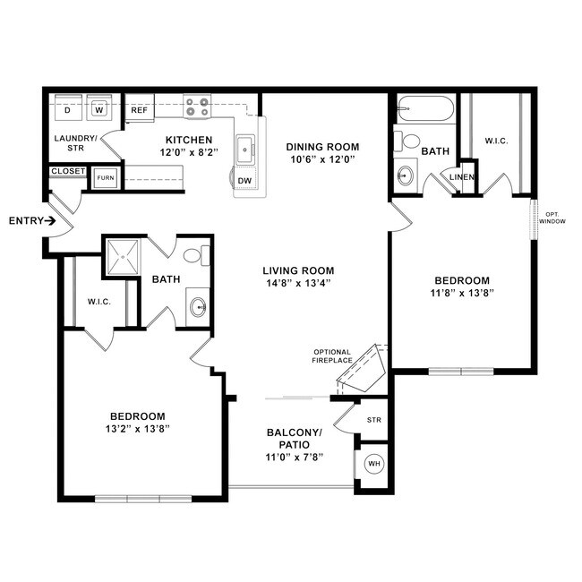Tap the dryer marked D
tap(67, 110)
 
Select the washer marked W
tap(98, 110)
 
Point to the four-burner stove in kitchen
tap(197, 107)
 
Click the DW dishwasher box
tap(244, 180)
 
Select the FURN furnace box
tap(106, 177)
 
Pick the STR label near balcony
tap(374, 419)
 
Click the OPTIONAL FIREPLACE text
tap(332, 356)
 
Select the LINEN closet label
tap(461, 177)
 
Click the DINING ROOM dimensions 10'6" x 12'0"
tap(321, 160)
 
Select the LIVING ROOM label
tap(298, 270)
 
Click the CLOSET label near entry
tap(68, 171)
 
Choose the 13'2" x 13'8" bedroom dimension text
tap(137, 429)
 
